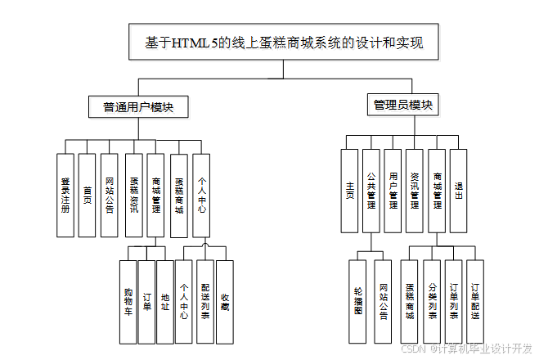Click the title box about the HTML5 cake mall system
[282, 42]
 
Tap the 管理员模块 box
[402, 106]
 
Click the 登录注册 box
[66, 195]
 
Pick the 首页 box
[88, 195]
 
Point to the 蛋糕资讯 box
[134, 195]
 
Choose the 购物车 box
[128, 301]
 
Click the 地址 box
[165, 301]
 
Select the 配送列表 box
[204, 301]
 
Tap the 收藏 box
[225, 301]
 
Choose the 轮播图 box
[357, 301]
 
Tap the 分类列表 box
[432, 301]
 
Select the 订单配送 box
[475, 301]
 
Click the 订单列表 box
[453, 301]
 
